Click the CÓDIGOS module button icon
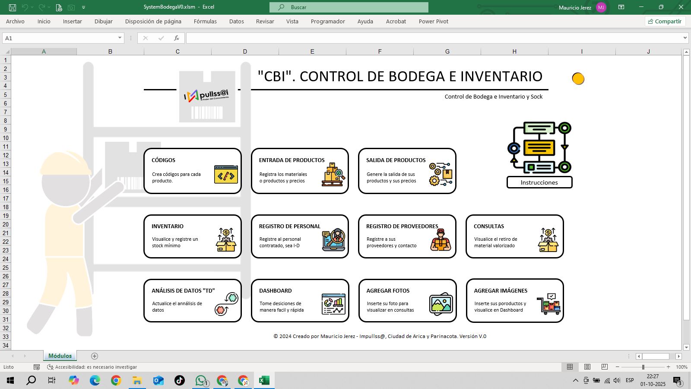point(226,174)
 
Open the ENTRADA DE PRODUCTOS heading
point(292,160)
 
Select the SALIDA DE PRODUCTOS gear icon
point(440,174)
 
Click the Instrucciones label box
point(539,182)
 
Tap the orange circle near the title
point(578,79)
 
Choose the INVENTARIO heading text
point(168,226)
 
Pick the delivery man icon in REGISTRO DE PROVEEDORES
point(441,240)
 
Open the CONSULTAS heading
point(489,226)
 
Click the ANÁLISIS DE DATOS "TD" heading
point(183,291)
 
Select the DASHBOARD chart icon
point(333,304)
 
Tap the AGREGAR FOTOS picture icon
point(441,304)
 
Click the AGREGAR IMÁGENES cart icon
point(548,304)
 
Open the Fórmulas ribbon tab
point(205,21)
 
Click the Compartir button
point(665,21)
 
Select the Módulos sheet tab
point(60,356)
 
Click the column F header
point(380,51)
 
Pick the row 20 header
point(6,224)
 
